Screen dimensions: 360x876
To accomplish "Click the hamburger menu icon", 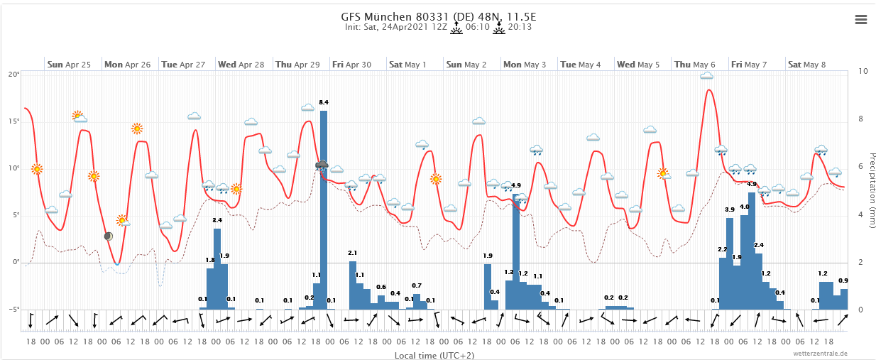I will point(861,20).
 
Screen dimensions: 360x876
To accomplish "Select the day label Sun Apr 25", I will point(69,65).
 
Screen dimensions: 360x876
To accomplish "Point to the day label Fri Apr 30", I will point(353,65).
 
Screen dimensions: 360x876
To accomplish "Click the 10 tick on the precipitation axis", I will point(863,72).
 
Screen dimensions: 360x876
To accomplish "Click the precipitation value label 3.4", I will point(217,221).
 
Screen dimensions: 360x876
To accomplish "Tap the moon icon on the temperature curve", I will point(108,236).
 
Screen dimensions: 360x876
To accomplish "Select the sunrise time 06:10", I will point(478,28).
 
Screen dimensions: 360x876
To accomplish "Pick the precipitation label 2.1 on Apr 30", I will point(353,253).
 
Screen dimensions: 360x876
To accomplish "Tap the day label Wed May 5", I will point(638,65).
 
